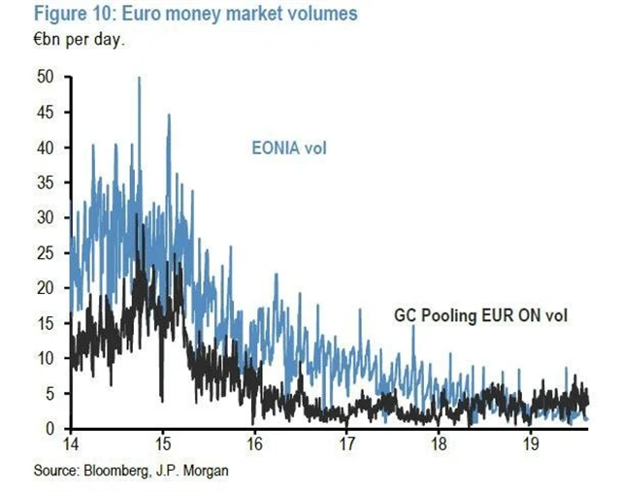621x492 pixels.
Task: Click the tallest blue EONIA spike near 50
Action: (139, 80)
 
